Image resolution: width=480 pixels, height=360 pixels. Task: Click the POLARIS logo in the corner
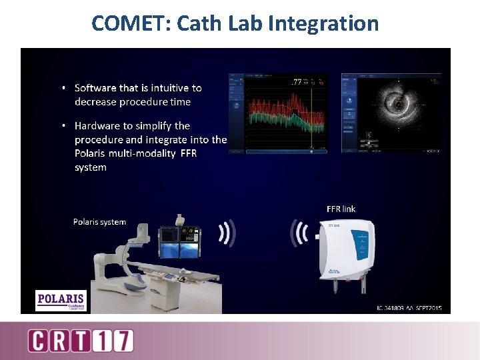coord(61,300)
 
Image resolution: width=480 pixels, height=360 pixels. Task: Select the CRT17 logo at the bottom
coord(80,341)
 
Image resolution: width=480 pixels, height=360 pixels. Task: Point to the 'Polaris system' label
coord(99,222)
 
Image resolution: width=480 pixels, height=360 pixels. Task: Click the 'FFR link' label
coord(341,209)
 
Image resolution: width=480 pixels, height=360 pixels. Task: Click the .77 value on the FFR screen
coord(297,83)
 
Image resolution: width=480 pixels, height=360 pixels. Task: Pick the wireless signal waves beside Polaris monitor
coord(227,233)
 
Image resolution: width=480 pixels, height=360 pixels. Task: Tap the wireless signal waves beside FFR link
coord(298,233)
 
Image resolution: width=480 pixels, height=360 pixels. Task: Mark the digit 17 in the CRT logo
coord(117,341)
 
